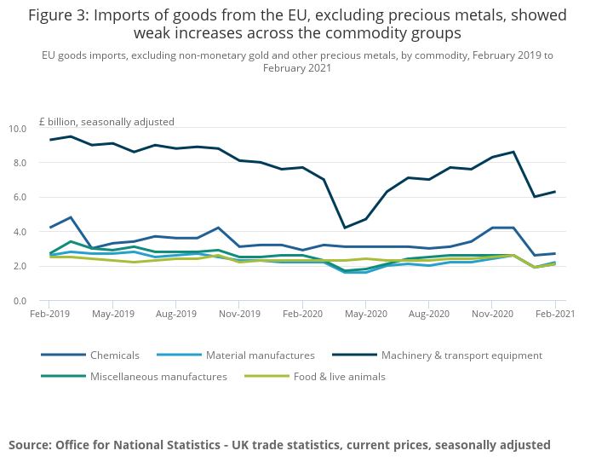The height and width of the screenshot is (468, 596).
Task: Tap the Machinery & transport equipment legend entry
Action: click(461, 355)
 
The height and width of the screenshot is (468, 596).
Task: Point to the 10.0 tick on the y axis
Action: click(17, 129)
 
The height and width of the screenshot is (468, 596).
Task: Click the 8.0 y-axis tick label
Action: click(20, 163)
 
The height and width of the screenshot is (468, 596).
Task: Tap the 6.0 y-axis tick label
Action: click(20, 197)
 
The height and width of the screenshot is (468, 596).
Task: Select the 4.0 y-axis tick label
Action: click(20, 232)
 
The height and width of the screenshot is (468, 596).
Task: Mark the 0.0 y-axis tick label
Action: click(20, 301)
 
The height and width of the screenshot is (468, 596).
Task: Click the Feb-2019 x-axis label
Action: click(49, 314)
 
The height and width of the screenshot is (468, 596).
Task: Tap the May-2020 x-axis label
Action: click(365, 314)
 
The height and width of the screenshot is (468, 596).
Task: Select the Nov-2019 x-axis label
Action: click(238, 314)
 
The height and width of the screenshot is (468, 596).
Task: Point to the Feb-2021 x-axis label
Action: click(555, 314)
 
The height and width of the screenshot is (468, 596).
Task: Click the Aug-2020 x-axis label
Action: click(428, 314)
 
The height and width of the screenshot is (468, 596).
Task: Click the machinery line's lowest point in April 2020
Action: click(344, 228)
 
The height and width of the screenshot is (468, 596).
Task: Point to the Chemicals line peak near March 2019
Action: click(71, 217)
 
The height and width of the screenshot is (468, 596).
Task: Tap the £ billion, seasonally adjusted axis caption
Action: click(106, 122)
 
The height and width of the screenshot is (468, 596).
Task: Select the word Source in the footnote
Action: click(31, 444)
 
